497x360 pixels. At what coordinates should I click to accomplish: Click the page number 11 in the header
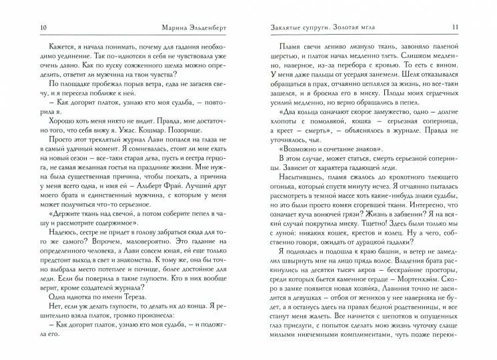(x=472, y=27)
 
